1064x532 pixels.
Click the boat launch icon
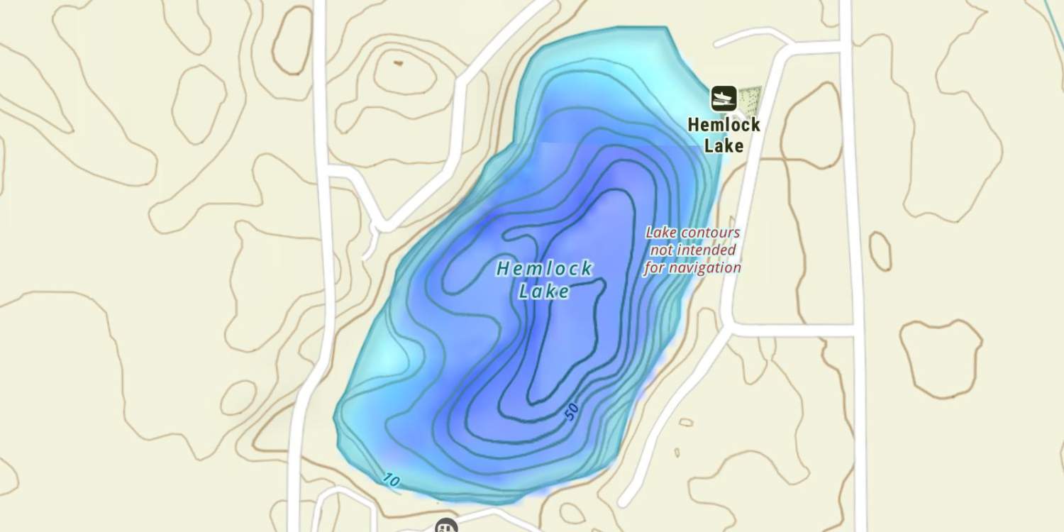tap(724, 98)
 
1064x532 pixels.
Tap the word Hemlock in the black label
tap(724, 126)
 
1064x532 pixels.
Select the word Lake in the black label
tap(724, 146)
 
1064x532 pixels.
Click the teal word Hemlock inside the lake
tap(544, 269)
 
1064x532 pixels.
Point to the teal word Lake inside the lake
tap(544, 291)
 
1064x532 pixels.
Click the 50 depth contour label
tap(572, 411)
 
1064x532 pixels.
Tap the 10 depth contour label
tap(391, 480)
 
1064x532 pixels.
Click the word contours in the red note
tap(710, 233)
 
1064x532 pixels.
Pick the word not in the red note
tap(661, 250)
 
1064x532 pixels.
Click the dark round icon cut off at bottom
tap(445, 526)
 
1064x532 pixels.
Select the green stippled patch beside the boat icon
tap(749, 99)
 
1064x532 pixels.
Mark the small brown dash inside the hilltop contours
tap(398, 63)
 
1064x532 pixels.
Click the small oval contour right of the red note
tap(880, 251)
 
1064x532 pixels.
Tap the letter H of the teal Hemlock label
tap(503, 269)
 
